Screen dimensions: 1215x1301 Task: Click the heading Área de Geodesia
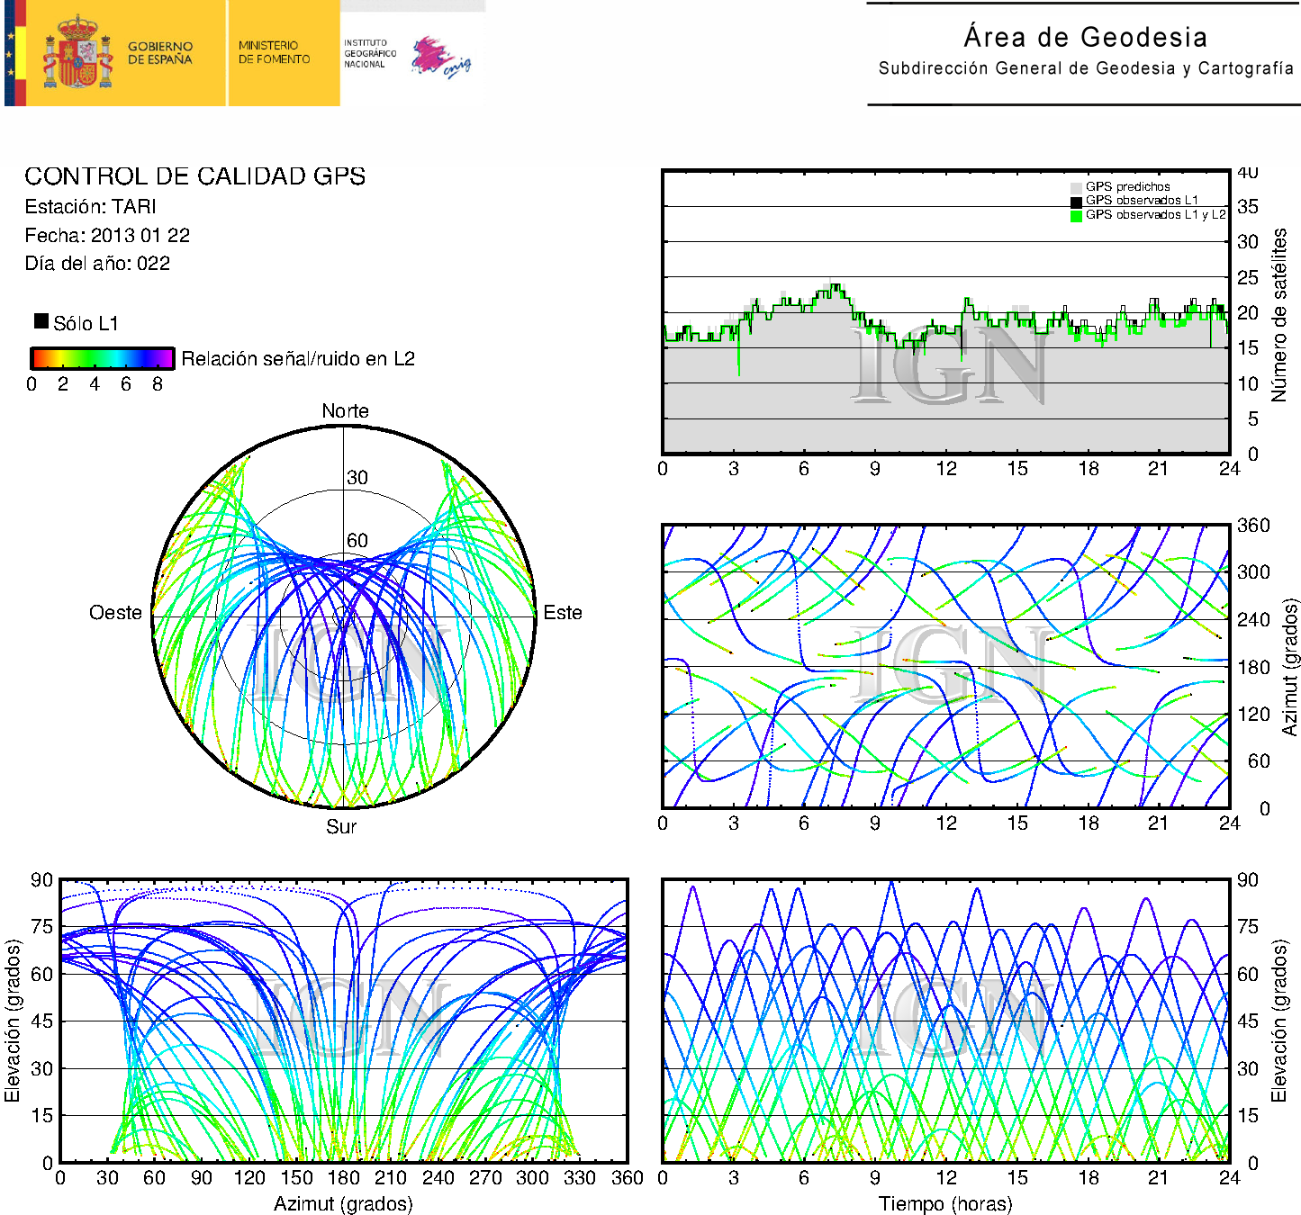point(1085,37)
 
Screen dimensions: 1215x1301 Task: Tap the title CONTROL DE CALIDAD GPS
point(194,176)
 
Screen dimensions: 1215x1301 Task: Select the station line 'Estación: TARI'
point(90,207)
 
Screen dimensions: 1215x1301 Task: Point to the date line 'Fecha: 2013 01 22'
point(107,236)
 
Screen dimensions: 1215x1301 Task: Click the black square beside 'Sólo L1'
point(41,321)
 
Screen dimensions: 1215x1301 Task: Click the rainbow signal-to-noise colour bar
point(102,358)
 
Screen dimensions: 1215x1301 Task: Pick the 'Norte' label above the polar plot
point(345,411)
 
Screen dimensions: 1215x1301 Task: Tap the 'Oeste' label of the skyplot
point(115,613)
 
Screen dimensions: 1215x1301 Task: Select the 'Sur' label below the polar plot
point(341,826)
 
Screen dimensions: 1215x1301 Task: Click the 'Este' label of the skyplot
point(563,613)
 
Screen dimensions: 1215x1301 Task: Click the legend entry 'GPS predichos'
point(1127,187)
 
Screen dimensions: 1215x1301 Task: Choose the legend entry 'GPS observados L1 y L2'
point(1155,215)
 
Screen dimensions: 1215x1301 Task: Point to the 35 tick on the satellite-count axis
point(1247,207)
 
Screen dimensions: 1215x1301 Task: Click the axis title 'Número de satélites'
point(1279,314)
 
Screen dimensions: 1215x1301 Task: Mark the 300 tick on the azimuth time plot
point(1252,572)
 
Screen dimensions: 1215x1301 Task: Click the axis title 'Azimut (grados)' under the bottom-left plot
point(343,1204)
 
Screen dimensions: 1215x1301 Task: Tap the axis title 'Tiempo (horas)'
point(945,1204)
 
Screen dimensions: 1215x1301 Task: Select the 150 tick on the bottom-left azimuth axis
point(296,1178)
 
